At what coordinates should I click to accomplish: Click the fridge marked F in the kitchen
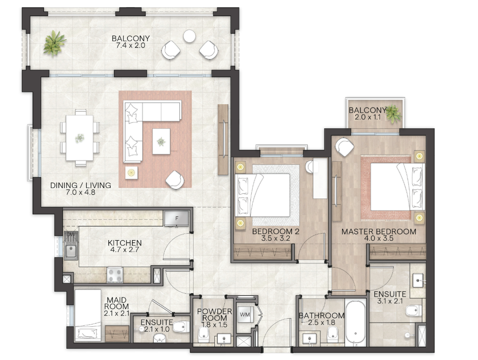click(177, 218)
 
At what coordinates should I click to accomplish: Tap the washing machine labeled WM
click(245, 315)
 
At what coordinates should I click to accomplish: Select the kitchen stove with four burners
click(115, 275)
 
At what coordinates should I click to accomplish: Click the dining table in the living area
click(80, 137)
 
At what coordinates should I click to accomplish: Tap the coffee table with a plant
click(161, 141)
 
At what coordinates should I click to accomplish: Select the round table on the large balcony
click(189, 36)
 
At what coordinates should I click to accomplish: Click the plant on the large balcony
click(54, 43)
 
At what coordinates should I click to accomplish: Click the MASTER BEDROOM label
click(379, 232)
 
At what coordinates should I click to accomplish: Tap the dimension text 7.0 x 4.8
click(80, 192)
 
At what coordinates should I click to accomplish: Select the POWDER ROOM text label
click(214, 315)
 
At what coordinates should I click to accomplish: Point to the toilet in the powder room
click(204, 335)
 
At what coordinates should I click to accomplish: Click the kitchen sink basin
click(71, 252)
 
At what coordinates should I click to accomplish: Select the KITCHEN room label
click(124, 243)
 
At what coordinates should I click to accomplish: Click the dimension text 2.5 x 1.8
click(321, 323)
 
